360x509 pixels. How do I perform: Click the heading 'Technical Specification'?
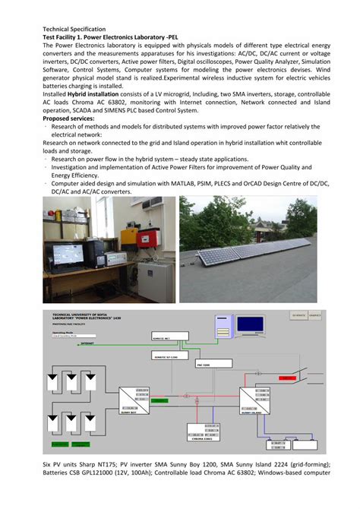pyautogui.click(x=74, y=28)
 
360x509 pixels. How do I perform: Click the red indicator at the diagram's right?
pyautogui.click(x=291, y=377)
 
